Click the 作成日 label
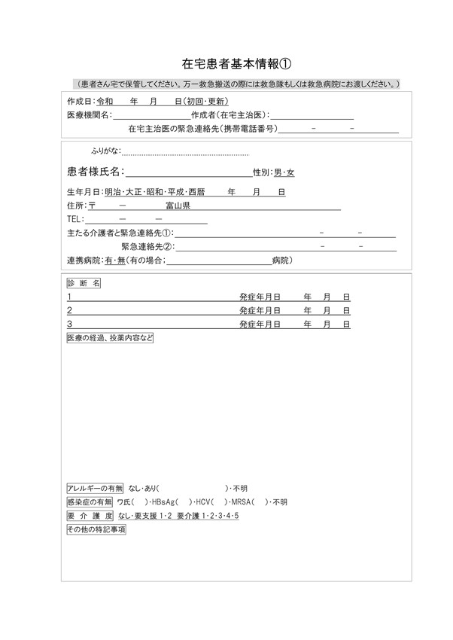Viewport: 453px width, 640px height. click(x=80, y=101)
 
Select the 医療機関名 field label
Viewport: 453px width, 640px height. click(x=87, y=114)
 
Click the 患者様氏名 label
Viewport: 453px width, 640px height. click(x=94, y=172)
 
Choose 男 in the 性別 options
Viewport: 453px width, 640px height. click(x=278, y=173)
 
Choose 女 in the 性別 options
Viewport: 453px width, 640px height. click(x=290, y=173)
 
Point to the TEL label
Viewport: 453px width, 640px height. click(x=75, y=219)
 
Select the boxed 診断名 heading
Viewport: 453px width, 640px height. click(x=83, y=283)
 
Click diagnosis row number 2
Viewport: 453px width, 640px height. click(x=69, y=310)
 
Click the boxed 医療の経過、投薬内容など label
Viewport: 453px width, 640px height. click(x=110, y=338)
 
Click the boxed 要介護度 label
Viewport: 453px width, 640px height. click(x=90, y=516)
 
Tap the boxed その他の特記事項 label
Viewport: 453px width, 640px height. click(x=96, y=530)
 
